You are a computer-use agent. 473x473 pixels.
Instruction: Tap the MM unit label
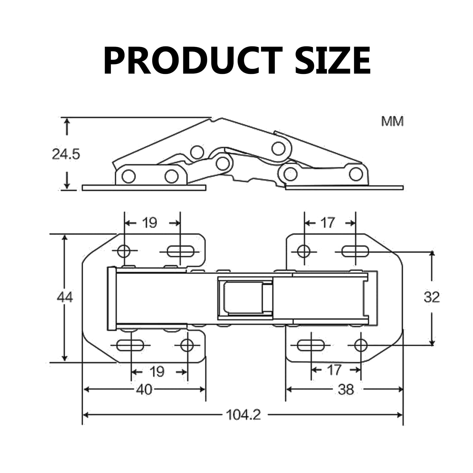click(x=392, y=122)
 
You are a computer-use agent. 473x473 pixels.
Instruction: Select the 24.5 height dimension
click(x=66, y=154)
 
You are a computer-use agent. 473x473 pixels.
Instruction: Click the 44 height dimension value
click(x=65, y=297)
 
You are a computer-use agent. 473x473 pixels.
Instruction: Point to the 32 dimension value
click(x=432, y=297)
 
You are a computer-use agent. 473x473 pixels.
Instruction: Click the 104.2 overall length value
click(x=243, y=415)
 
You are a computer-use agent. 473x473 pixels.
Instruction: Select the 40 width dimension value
click(x=144, y=390)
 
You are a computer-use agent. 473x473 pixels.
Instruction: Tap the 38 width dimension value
click(x=346, y=390)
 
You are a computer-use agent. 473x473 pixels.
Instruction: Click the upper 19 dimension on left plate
click(x=150, y=223)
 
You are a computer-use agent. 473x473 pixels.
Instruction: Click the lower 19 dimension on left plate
click(x=157, y=372)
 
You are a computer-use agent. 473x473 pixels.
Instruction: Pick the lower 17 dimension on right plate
click(x=334, y=370)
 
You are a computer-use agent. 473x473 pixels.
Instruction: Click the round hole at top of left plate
click(x=124, y=251)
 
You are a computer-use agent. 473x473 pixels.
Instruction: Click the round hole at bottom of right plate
click(x=361, y=345)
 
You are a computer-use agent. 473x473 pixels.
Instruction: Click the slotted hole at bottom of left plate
click(x=130, y=345)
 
